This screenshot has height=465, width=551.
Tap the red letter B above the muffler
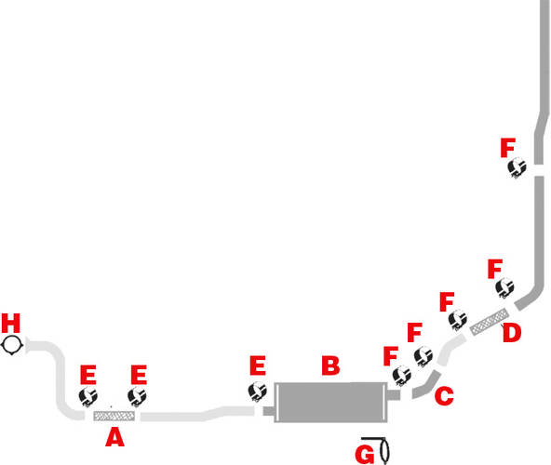[x=330, y=365]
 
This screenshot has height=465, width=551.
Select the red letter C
[x=444, y=395]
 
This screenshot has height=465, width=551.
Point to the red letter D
[x=512, y=332]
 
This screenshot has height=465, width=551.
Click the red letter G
[x=365, y=455]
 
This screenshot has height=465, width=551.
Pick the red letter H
[x=11, y=323]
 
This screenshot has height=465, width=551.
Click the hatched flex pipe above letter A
[x=114, y=417]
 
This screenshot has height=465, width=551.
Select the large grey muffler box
[x=330, y=402]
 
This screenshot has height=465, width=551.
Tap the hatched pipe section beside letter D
[x=490, y=322]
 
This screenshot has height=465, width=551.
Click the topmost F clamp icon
[x=517, y=167]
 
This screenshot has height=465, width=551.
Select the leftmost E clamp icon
[x=87, y=396]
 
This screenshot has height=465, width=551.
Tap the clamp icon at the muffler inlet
[x=258, y=392]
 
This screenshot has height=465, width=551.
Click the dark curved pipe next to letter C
[x=427, y=385]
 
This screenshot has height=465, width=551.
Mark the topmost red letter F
[x=508, y=148]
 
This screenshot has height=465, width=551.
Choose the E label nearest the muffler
[x=258, y=365]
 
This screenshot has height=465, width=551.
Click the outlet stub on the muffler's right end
[x=394, y=395]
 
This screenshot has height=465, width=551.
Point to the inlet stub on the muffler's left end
[x=269, y=411]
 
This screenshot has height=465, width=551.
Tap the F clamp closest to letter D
[x=504, y=287]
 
